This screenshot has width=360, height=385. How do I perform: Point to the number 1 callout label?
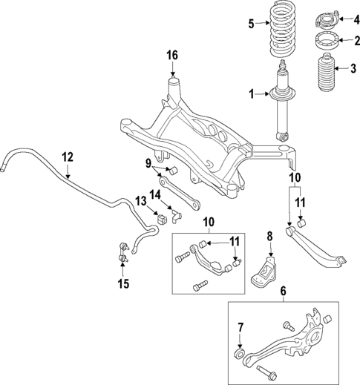pos(251,93)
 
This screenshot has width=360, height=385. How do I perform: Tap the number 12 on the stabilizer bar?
pos(68,157)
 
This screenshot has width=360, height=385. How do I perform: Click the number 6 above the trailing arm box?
pos(282,293)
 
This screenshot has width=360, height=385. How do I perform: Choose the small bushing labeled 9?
pos(168,174)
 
